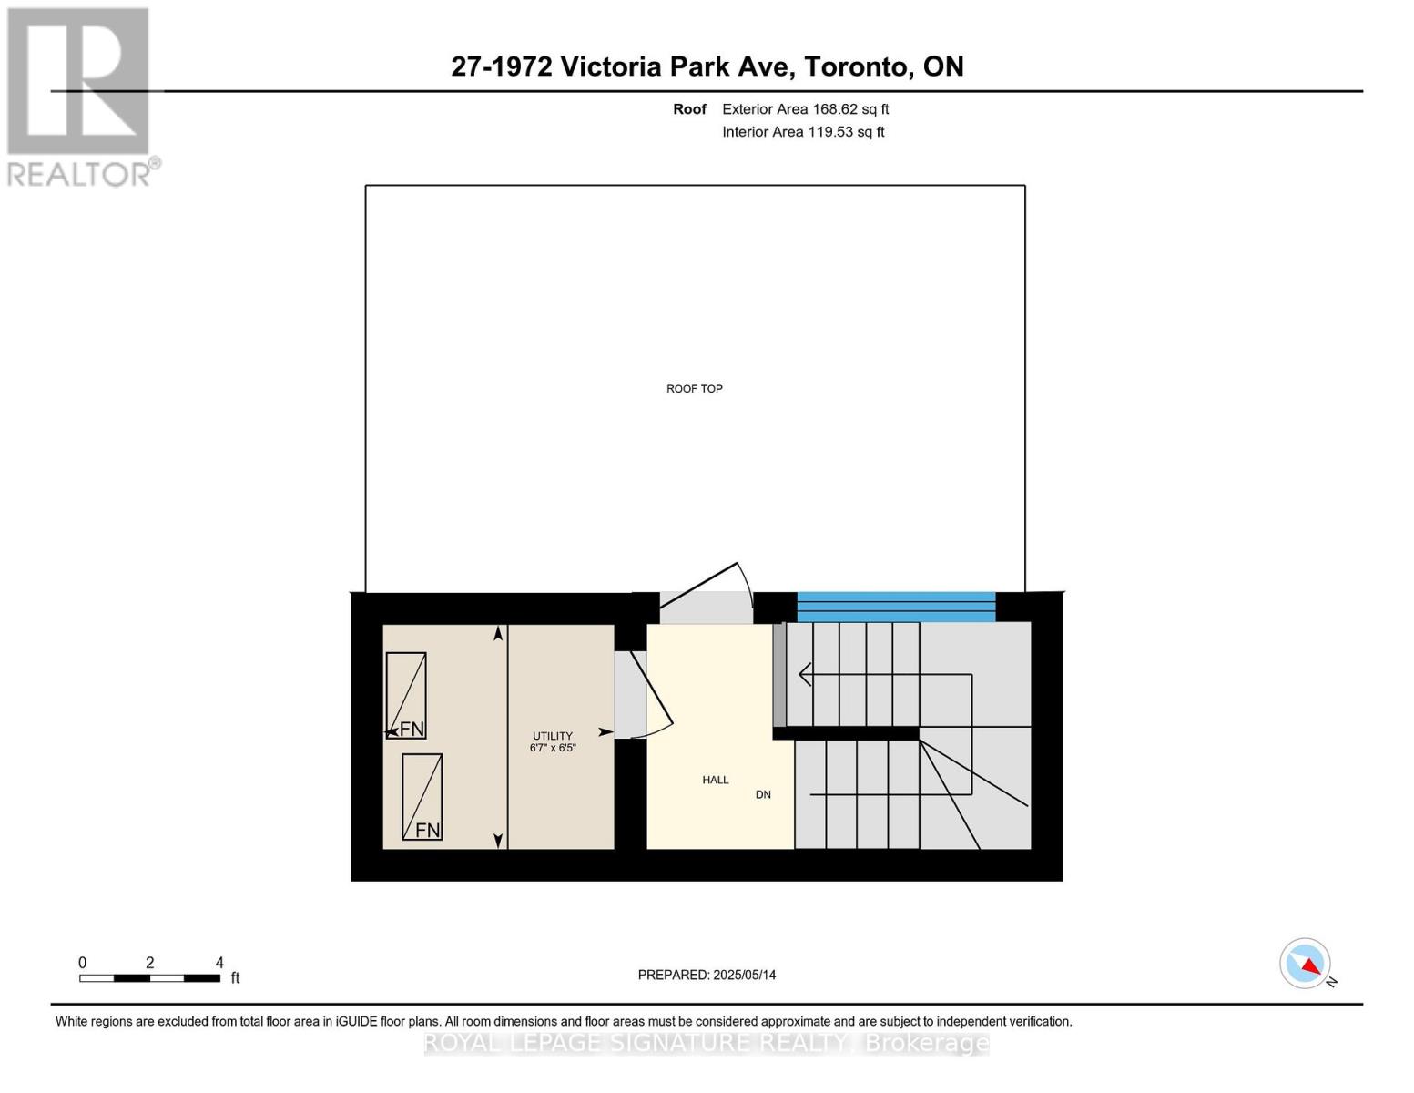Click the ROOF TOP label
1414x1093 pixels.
pos(694,389)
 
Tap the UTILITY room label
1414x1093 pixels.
pos(553,736)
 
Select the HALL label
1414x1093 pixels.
pos(715,780)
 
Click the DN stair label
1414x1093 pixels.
pos(763,794)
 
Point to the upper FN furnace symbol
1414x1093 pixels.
pos(406,695)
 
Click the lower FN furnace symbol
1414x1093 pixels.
pos(422,797)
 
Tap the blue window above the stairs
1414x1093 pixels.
pos(896,607)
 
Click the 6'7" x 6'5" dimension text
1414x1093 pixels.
pos(553,748)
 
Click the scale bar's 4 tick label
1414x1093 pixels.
pos(219,963)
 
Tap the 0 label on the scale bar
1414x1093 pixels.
pos(82,963)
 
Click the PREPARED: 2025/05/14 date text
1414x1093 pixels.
pos(707,975)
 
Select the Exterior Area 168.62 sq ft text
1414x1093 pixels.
pos(805,109)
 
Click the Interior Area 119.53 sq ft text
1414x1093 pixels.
pos(803,132)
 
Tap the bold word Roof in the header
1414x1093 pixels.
pos(689,109)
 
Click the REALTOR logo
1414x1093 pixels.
pos(80,96)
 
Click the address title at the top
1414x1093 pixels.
pos(707,66)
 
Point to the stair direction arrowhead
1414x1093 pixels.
pos(804,675)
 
